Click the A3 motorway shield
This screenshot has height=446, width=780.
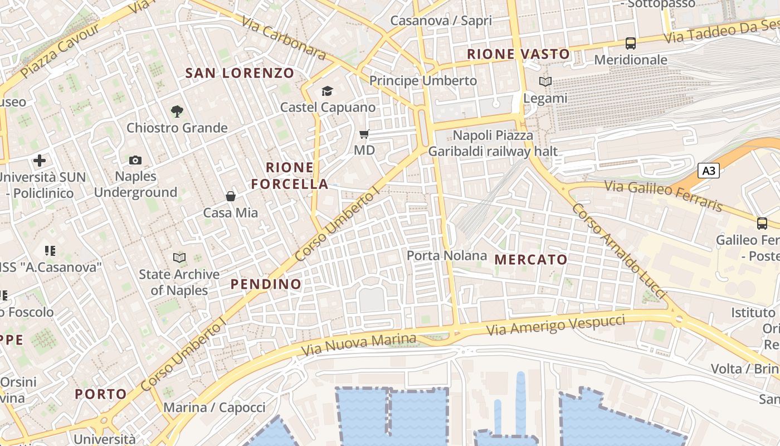pyautogui.click(x=709, y=171)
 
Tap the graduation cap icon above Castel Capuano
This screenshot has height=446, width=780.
pyautogui.click(x=327, y=91)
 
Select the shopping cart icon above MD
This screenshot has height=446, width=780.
pyautogui.click(x=364, y=134)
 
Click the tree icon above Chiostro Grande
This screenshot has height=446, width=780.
pyautogui.click(x=177, y=111)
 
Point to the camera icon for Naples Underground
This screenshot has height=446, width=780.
pyautogui.click(x=135, y=161)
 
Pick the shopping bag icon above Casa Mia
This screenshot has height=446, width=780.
pyautogui.click(x=230, y=196)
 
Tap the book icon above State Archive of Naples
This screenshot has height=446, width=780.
pyautogui.click(x=179, y=258)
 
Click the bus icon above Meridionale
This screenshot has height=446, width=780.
pyautogui.click(x=631, y=43)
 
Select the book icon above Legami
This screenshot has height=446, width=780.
pyautogui.click(x=545, y=82)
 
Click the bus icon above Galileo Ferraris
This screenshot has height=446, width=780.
pyautogui.click(x=762, y=224)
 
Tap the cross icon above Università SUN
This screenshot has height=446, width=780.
pyautogui.click(x=40, y=161)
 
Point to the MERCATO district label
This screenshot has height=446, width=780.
pyautogui.click(x=530, y=259)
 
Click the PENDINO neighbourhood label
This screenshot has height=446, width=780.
pyautogui.click(x=266, y=284)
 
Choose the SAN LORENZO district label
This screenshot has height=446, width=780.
pyautogui.click(x=239, y=73)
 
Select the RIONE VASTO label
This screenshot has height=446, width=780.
pyautogui.click(x=518, y=54)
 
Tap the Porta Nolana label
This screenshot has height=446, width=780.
pyautogui.click(x=447, y=255)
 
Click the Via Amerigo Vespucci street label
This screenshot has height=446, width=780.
pyautogui.click(x=555, y=325)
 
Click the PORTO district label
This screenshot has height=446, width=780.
pyautogui.click(x=101, y=394)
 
